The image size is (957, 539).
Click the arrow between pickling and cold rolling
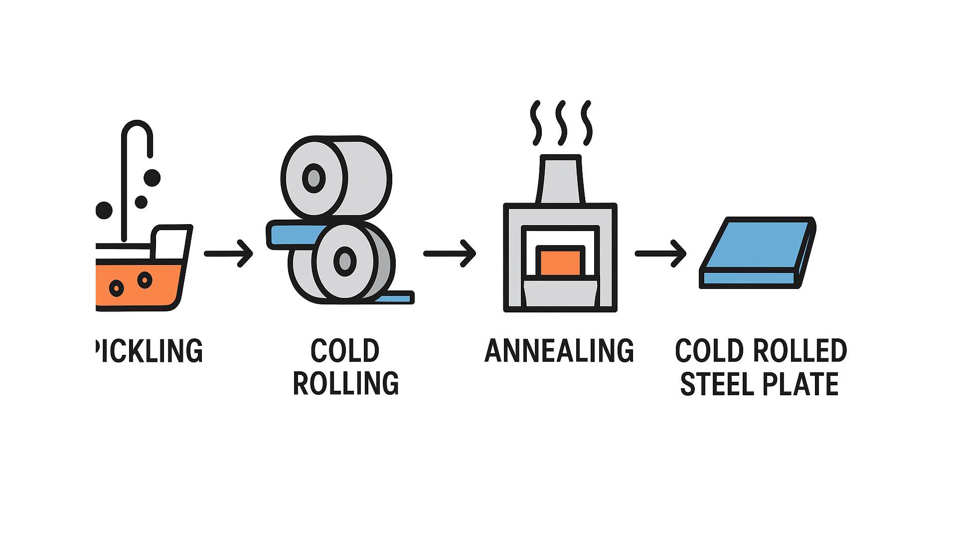(x=228, y=254)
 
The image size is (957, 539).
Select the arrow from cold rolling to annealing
(x=449, y=254)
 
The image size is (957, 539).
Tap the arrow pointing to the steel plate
(x=660, y=254)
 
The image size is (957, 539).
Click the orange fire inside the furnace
(x=560, y=262)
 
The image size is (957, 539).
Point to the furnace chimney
(x=560, y=180)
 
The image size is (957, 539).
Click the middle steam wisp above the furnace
(x=562, y=123)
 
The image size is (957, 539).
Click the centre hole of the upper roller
(x=314, y=178)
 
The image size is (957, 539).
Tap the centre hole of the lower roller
(x=345, y=261)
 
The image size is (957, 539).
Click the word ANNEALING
(x=559, y=351)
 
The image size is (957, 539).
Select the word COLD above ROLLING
(x=345, y=351)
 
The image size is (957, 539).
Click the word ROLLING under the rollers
(x=346, y=383)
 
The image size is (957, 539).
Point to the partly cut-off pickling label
(x=150, y=351)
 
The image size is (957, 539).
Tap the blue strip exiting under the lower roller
(x=396, y=299)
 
